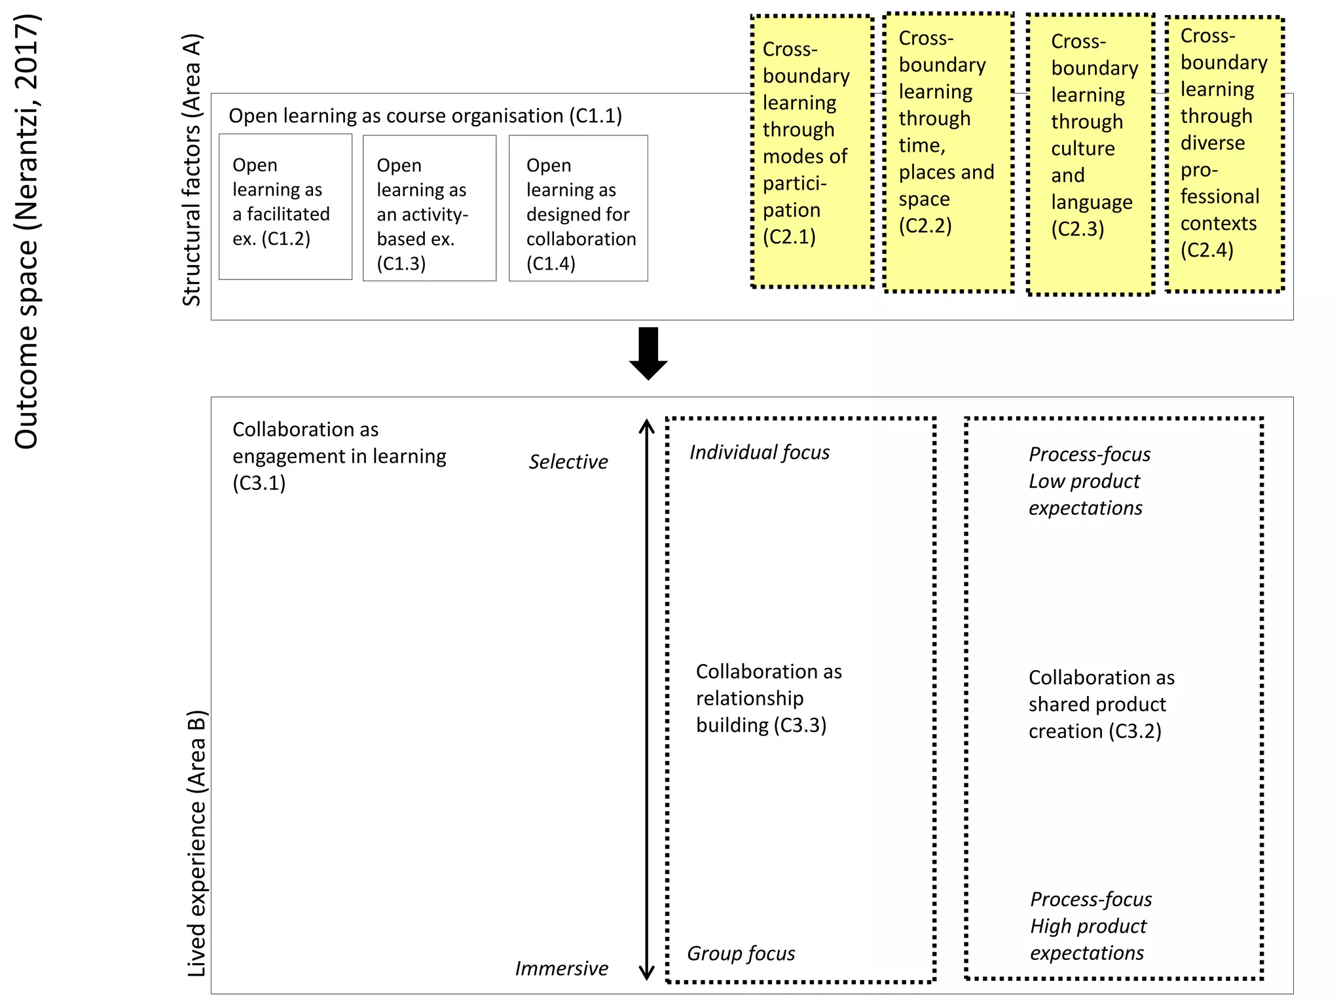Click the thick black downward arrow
click(x=648, y=353)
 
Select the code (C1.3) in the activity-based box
click(x=401, y=264)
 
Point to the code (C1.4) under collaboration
click(x=551, y=264)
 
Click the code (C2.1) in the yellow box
click(x=789, y=237)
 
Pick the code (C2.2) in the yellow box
click(x=925, y=226)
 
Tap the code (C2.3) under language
click(x=1077, y=229)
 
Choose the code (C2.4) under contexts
click(x=1206, y=250)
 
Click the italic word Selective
click(x=568, y=462)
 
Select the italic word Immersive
click(x=561, y=968)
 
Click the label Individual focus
click(x=759, y=453)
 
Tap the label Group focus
click(x=741, y=954)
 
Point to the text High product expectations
click(x=1088, y=940)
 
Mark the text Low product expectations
click(x=1084, y=495)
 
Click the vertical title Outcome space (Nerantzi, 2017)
click(x=27, y=232)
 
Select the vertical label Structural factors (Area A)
click(x=191, y=170)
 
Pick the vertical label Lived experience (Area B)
click(x=196, y=844)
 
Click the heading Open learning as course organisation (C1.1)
click(x=425, y=116)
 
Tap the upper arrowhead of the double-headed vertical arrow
click(x=646, y=425)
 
